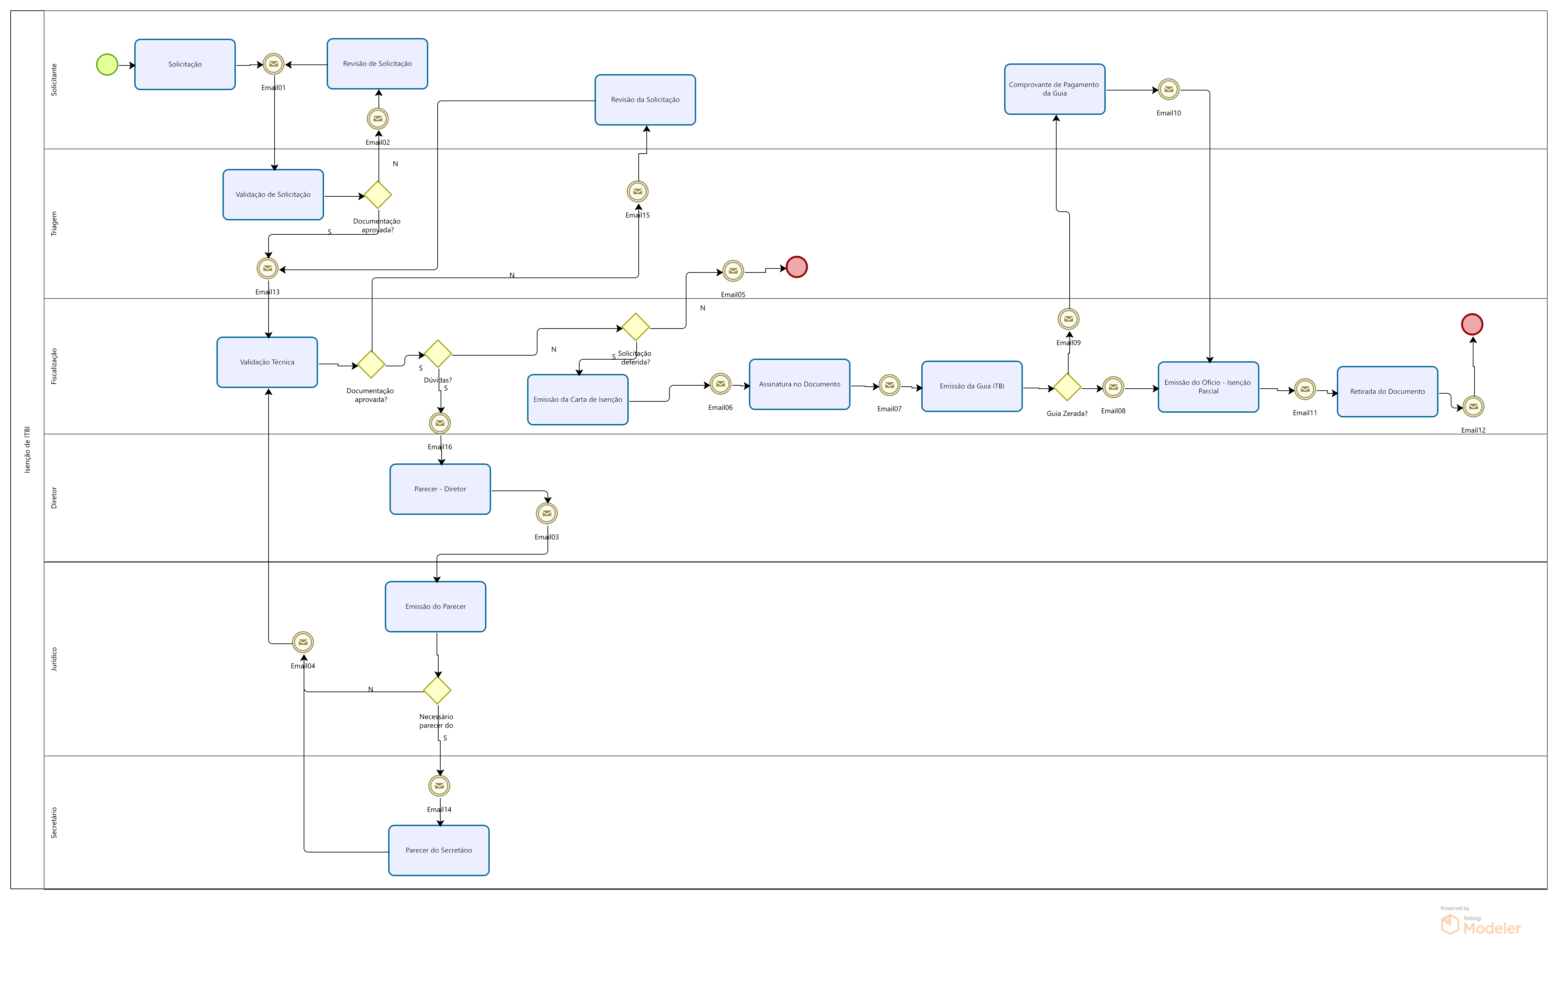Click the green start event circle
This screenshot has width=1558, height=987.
click(x=107, y=65)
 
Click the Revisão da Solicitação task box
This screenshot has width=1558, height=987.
click(x=645, y=100)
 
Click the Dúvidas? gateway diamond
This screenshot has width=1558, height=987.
click(x=438, y=354)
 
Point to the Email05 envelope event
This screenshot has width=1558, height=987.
click(x=733, y=271)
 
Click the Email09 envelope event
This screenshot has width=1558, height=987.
click(x=1068, y=319)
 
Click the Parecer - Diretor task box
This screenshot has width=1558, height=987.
click(x=440, y=489)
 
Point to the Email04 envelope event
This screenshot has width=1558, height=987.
click(x=303, y=642)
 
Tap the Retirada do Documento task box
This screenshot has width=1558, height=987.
click(x=1387, y=392)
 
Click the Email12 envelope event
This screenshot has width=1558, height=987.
click(x=1473, y=407)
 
